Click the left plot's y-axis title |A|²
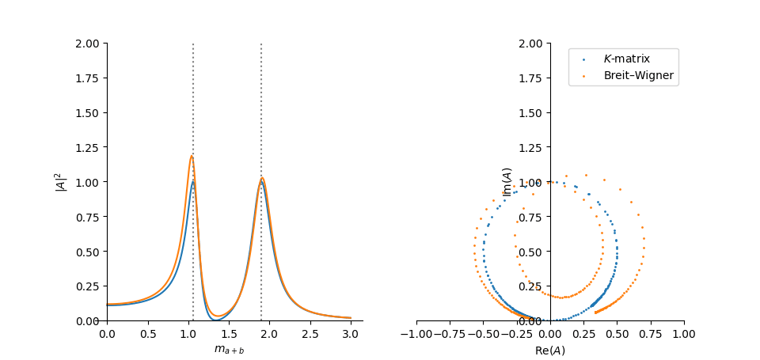59,182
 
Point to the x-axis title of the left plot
229,350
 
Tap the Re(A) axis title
549,351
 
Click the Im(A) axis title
507,182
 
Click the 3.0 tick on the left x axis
351,332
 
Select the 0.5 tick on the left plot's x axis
147,332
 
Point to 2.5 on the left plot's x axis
310,332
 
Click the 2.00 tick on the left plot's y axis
89,44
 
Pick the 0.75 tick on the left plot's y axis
89,217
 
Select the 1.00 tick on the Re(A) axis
683,332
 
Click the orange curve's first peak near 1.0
192,156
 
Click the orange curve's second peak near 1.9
262,178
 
